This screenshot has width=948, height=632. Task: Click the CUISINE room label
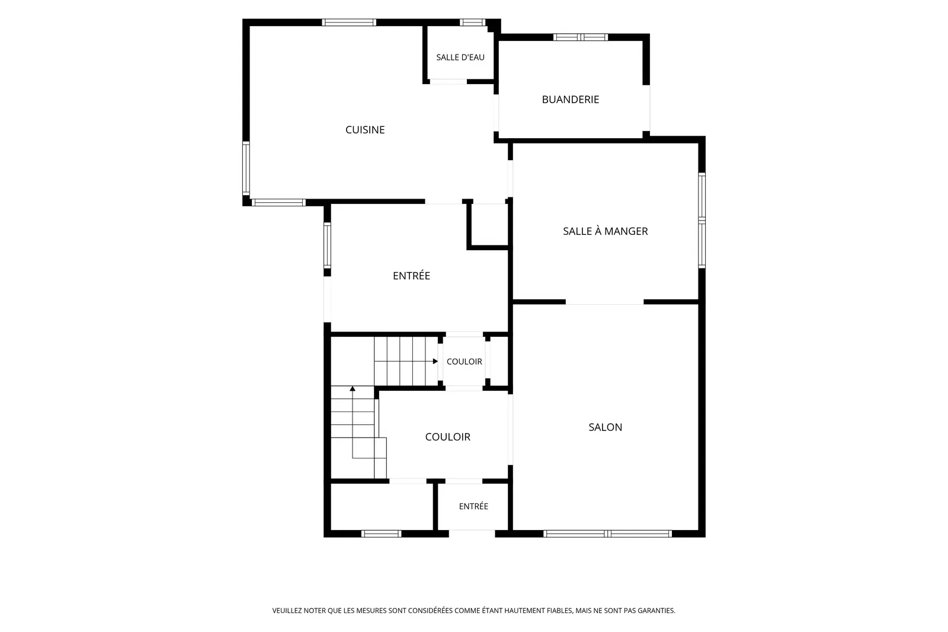(365, 130)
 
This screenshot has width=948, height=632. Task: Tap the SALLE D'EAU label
(460, 57)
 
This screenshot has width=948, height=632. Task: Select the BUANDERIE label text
(570, 100)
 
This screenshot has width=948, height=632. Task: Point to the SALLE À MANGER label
(605, 231)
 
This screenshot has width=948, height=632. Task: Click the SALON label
(605, 427)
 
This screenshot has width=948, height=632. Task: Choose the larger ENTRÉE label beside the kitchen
(411, 275)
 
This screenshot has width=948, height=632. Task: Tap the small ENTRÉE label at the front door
(473, 506)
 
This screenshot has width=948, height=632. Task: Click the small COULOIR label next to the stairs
(465, 361)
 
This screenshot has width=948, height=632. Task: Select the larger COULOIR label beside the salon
(448, 437)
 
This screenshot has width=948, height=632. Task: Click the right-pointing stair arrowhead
(435, 361)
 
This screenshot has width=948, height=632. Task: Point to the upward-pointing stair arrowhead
(353, 388)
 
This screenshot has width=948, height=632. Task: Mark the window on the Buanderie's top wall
(581, 37)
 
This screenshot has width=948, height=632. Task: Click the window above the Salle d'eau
(473, 23)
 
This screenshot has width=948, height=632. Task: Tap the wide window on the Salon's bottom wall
(608, 534)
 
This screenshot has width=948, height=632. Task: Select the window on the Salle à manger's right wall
(702, 221)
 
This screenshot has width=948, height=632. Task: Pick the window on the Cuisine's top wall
(349, 23)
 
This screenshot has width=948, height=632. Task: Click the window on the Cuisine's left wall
(246, 168)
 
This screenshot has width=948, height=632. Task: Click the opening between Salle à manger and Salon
(605, 302)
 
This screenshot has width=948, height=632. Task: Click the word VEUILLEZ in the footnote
(287, 611)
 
